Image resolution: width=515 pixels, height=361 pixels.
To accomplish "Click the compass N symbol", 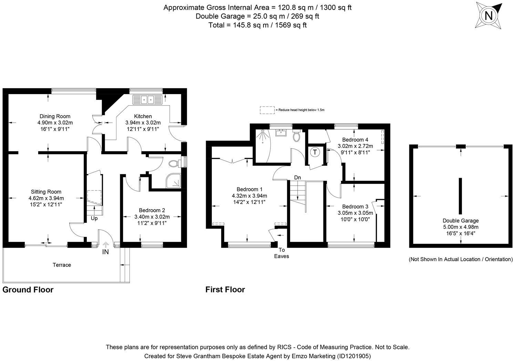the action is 488,16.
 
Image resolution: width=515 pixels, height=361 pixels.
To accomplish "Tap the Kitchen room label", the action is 143,116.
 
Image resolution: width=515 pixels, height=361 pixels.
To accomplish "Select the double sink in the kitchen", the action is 147,100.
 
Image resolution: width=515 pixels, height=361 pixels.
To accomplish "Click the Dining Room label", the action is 55,116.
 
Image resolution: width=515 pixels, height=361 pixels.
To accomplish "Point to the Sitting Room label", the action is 46,192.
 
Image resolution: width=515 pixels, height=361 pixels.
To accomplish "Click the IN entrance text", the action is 105,252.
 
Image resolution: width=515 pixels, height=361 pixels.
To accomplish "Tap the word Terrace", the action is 62,265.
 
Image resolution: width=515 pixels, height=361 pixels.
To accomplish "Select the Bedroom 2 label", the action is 152,210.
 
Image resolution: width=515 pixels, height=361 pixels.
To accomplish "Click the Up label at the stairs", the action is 94,218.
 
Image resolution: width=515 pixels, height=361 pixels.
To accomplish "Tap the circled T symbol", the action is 315,152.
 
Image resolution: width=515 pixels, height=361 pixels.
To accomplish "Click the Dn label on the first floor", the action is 298,177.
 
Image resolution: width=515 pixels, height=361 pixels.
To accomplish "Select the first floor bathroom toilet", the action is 297,136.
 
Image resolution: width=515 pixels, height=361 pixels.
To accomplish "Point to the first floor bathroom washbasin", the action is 281,133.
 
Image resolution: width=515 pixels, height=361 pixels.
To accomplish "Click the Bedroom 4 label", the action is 355,140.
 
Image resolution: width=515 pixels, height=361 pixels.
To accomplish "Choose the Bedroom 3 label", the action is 355,206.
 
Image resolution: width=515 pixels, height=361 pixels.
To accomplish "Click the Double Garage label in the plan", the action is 461,221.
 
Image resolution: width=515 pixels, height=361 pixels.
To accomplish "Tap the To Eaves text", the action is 282,253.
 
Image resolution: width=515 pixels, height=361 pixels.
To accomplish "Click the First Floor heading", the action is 225,289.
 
